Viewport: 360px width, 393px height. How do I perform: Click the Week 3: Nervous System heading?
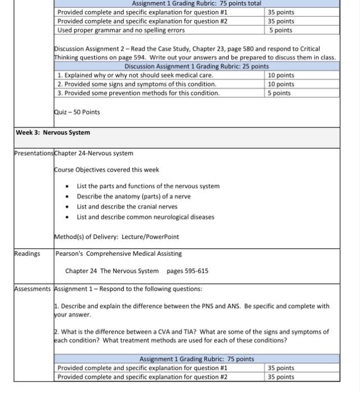tap(53, 132)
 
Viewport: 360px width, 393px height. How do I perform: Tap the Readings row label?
tap(27, 253)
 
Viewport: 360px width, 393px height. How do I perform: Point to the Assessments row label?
tap(33, 289)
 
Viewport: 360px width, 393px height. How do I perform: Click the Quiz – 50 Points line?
tap(77, 112)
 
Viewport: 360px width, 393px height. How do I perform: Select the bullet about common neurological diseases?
tap(145, 217)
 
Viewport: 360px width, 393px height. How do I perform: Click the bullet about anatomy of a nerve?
tap(133, 196)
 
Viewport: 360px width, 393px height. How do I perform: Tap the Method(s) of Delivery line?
tap(117, 236)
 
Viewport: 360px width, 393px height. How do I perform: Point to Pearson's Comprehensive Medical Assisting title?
tap(119, 253)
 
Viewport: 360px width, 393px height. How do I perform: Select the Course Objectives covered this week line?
tap(107, 170)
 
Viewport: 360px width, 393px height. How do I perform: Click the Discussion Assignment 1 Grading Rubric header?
tap(189, 66)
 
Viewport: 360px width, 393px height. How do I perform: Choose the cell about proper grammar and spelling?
tap(121, 30)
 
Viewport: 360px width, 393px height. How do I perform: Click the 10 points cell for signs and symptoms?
tap(281, 84)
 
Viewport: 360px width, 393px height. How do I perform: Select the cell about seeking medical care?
tap(135, 75)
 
